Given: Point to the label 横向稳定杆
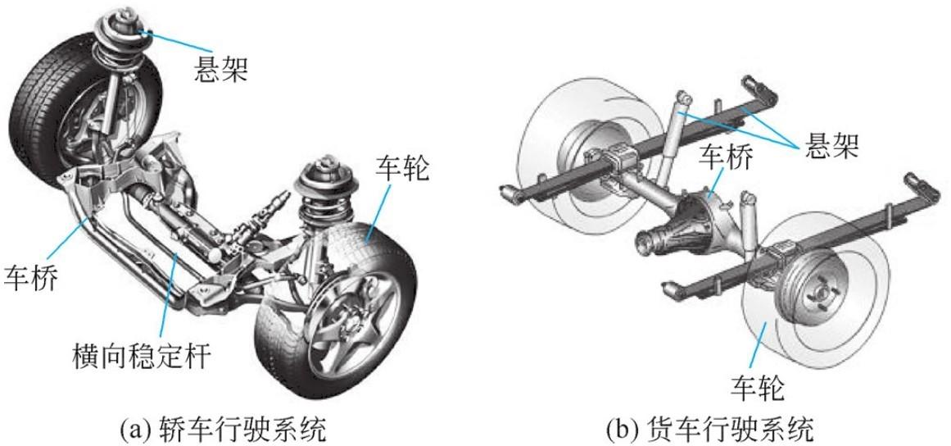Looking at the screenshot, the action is pos(141,356).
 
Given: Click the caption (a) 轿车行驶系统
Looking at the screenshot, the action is pos(221,426).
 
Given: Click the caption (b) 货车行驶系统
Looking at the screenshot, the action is pos(709,426).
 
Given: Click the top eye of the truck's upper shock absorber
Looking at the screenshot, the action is pos(684,100).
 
